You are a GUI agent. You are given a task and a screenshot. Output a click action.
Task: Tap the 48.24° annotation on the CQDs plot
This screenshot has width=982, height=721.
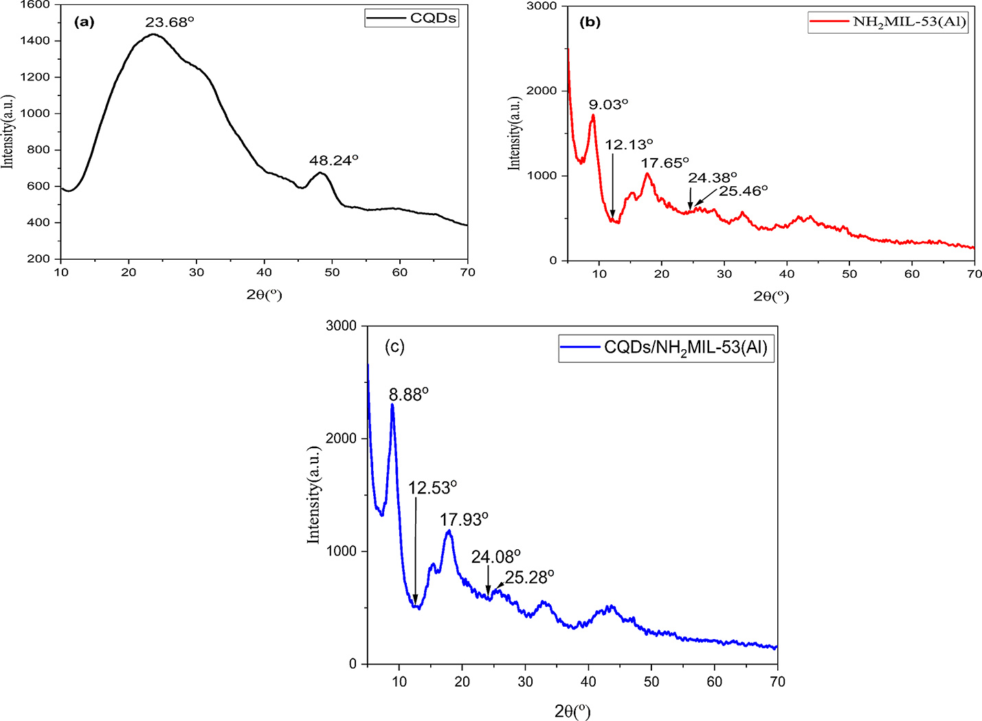[x=334, y=160]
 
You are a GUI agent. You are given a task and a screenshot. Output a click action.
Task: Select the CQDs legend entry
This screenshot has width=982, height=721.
[x=433, y=19]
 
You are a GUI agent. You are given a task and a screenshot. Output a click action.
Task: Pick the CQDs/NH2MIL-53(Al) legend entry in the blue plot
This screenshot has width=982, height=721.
[x=685, y=348]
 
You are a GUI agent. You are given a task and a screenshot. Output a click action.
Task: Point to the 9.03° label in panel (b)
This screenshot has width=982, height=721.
[x=609, y=104]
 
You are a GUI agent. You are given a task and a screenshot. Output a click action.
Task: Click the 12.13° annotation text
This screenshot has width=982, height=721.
[x=629, y=144]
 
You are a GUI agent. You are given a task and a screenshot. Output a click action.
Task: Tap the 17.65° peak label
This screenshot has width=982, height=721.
[x=665, y=163]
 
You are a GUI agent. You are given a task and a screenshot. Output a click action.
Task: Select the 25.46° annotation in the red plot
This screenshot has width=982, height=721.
[x=744, y=190]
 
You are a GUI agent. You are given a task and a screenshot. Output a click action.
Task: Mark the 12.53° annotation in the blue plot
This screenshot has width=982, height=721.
[x=433, y=488]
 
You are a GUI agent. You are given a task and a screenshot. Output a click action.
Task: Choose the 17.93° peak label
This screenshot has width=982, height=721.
[x=464, y=519]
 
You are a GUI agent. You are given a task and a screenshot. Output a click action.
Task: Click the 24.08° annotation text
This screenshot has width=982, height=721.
[x=496, y=557]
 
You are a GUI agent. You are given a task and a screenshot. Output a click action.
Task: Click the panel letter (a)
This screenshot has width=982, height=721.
[x=83, y=21]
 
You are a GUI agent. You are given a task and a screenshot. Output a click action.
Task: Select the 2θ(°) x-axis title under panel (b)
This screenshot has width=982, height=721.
[x=770, y=296]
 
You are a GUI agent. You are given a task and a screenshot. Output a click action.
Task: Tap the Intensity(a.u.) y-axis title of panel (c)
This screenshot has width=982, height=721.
[x=314, y=495]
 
